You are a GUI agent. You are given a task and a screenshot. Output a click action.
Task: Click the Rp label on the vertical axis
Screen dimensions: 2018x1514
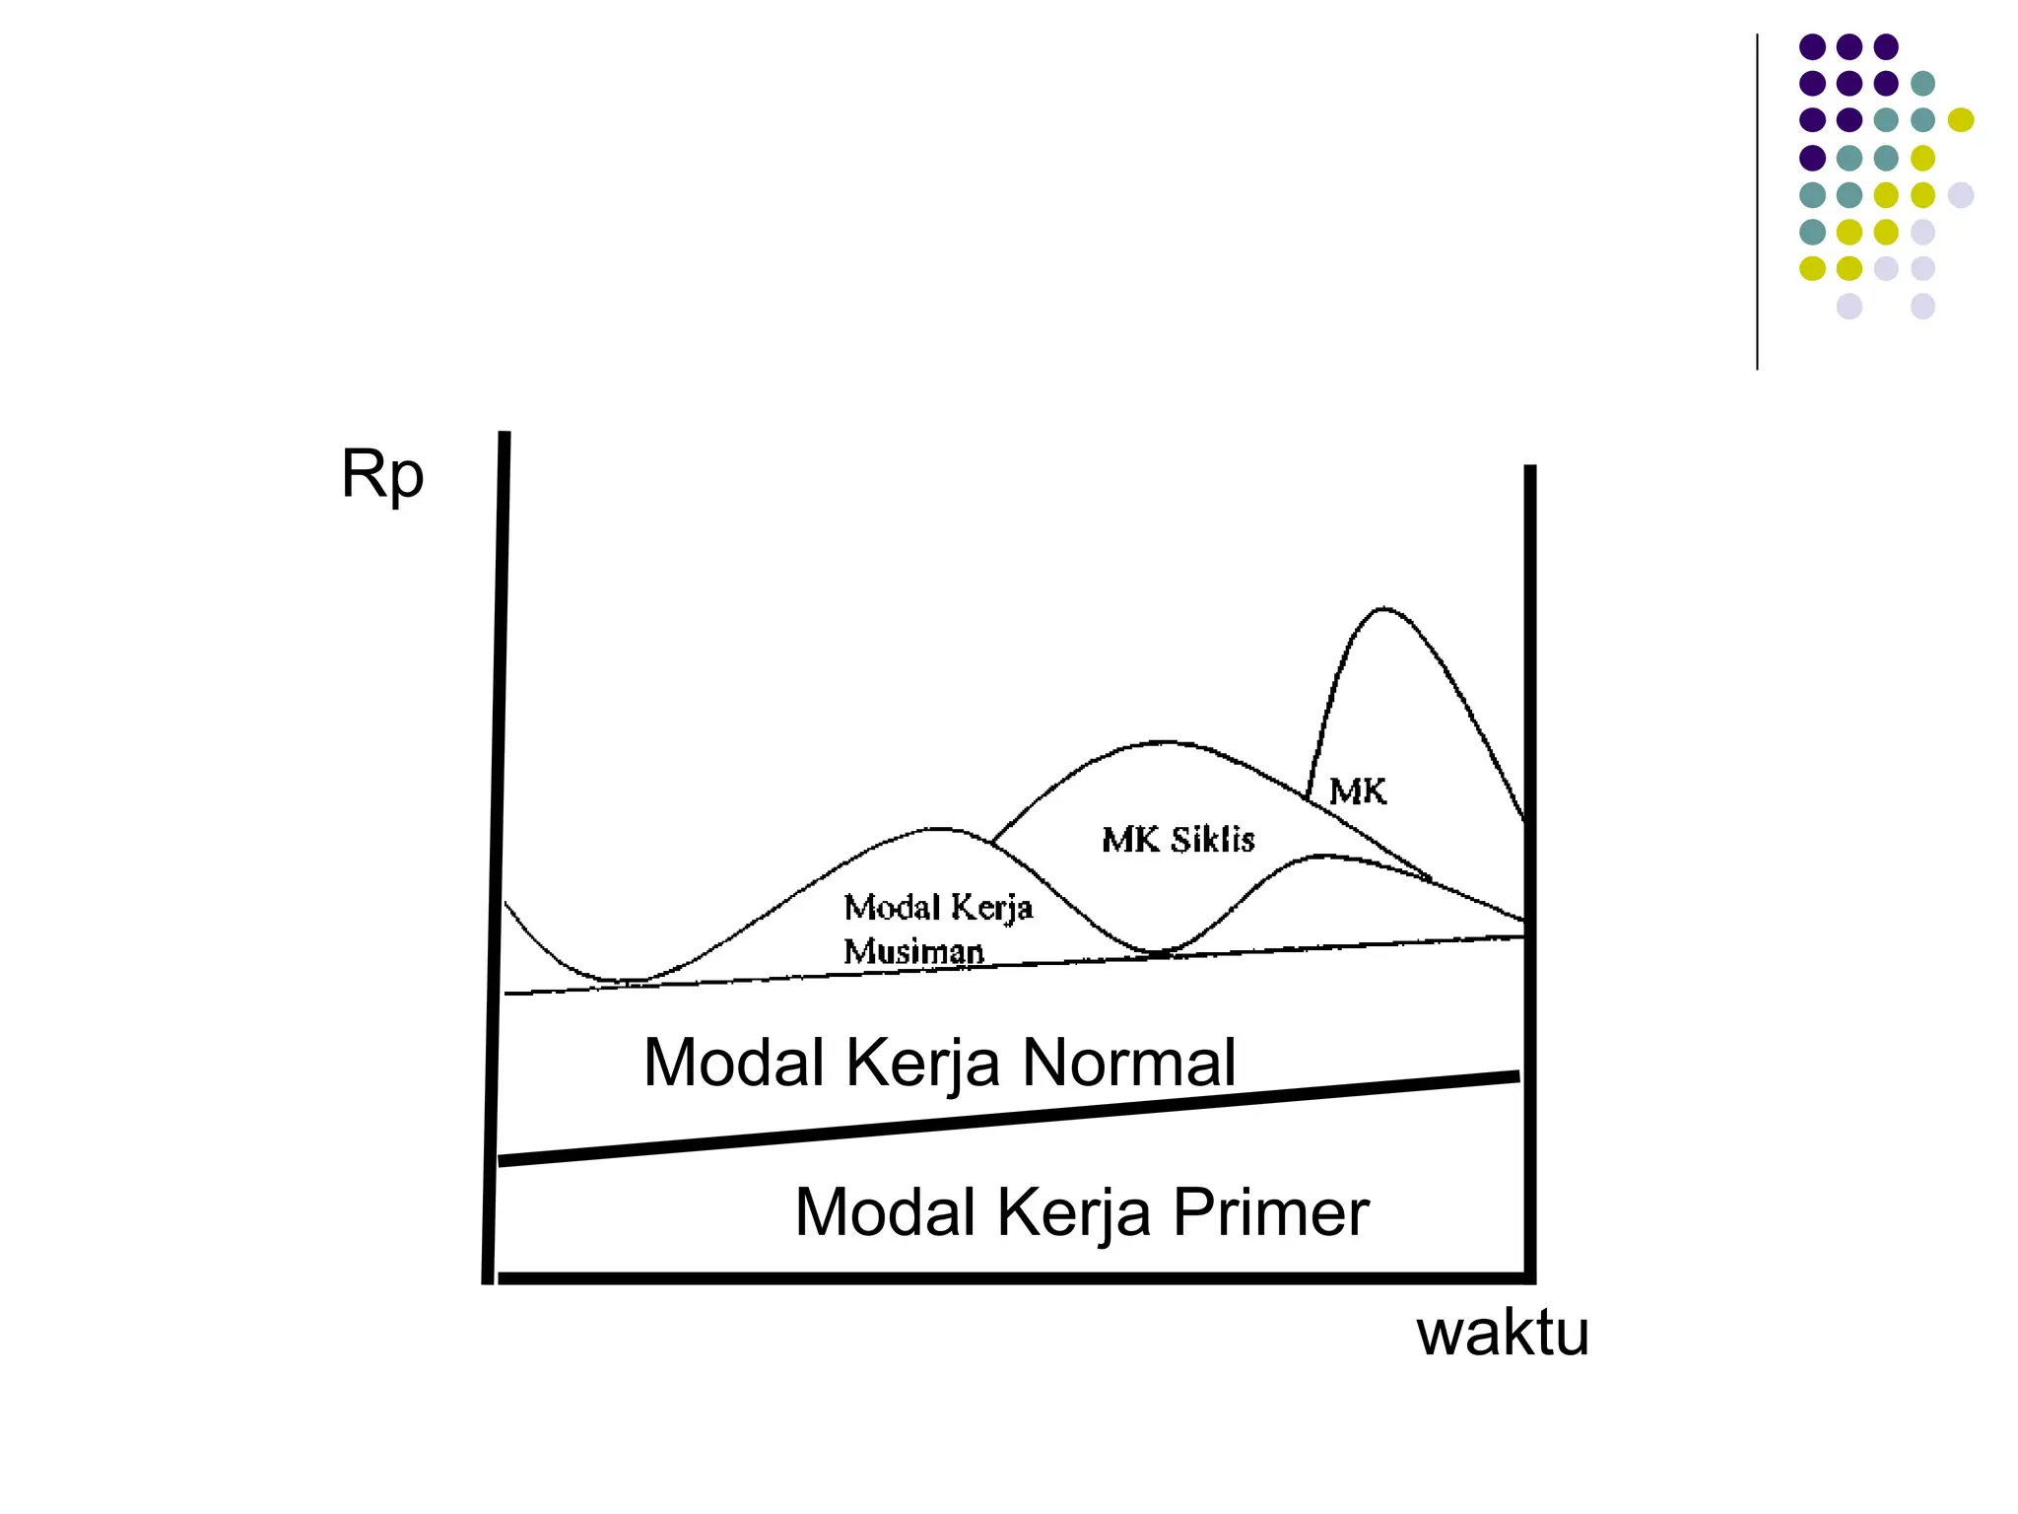(382, 477)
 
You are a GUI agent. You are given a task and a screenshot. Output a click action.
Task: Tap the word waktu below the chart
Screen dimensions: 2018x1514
(1503, 1334)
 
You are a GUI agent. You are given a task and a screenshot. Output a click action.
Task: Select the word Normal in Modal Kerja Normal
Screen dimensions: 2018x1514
(1128, 1063)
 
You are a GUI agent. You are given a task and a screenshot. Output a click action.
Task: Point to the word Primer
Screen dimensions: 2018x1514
(1270, 1212)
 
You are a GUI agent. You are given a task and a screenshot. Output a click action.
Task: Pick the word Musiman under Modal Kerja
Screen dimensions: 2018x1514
(913, 951)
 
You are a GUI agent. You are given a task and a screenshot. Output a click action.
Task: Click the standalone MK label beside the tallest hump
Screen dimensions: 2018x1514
(1357, 791)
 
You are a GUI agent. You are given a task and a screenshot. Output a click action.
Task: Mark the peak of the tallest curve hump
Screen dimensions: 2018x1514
(1383, 608)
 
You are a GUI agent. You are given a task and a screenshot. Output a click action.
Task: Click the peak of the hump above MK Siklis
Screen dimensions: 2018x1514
(1164, 741)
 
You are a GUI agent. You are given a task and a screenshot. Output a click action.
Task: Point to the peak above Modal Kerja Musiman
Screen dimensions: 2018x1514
(939, 828)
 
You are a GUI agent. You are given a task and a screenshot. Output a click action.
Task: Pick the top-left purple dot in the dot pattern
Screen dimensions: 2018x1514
(1812, 46)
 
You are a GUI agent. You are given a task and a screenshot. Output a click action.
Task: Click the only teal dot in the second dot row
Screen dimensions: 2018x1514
(1922, 83)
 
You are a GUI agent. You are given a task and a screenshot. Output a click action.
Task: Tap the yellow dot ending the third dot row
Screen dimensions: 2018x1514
(1961, 120)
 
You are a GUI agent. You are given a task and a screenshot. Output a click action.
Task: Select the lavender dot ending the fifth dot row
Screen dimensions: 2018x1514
(1961, 194)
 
